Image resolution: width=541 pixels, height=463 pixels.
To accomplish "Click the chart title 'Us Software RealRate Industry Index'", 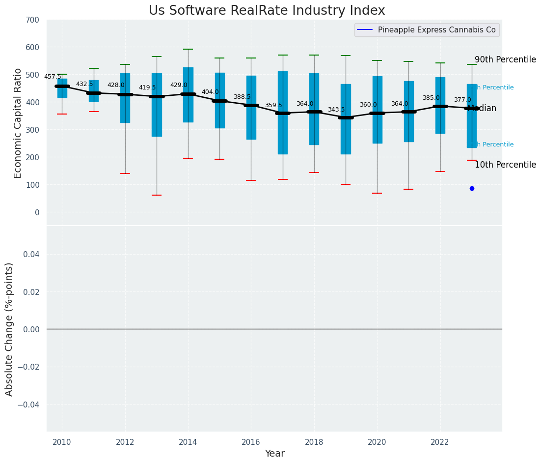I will click(x=267, y=11).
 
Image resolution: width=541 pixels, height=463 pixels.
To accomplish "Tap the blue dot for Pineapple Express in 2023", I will click(x=472, y=188).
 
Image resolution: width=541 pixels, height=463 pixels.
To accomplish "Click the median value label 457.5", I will click(x=53, y=77).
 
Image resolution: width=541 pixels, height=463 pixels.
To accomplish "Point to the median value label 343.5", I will click(x=336, y=110).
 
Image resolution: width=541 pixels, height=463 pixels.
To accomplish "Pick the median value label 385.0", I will click(x=431, y=98).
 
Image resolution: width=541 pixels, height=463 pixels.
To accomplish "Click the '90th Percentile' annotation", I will click(x=505, y=59).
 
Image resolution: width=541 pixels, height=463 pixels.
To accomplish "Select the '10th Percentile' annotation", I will click(x=505, y=165).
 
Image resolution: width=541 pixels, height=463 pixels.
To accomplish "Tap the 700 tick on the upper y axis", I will click(x=32, y=20).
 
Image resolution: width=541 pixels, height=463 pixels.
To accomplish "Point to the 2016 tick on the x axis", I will click(x=251, y=442).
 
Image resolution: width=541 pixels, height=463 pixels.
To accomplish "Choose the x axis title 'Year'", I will click(x=274, y=454).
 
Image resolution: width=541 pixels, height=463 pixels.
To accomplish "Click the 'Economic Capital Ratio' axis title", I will click(x=18, y=123).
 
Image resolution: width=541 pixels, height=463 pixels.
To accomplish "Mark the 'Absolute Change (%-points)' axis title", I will click(x=9, y=329).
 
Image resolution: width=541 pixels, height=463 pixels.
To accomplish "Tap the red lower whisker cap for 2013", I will click(x=157, y=195).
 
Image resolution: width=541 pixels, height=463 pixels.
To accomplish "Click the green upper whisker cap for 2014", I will click(x=188, y=49).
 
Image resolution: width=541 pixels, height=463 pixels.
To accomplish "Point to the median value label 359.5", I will click(x=273, y=105).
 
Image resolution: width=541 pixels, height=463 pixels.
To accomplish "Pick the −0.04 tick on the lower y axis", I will click(x=28, y=404).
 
